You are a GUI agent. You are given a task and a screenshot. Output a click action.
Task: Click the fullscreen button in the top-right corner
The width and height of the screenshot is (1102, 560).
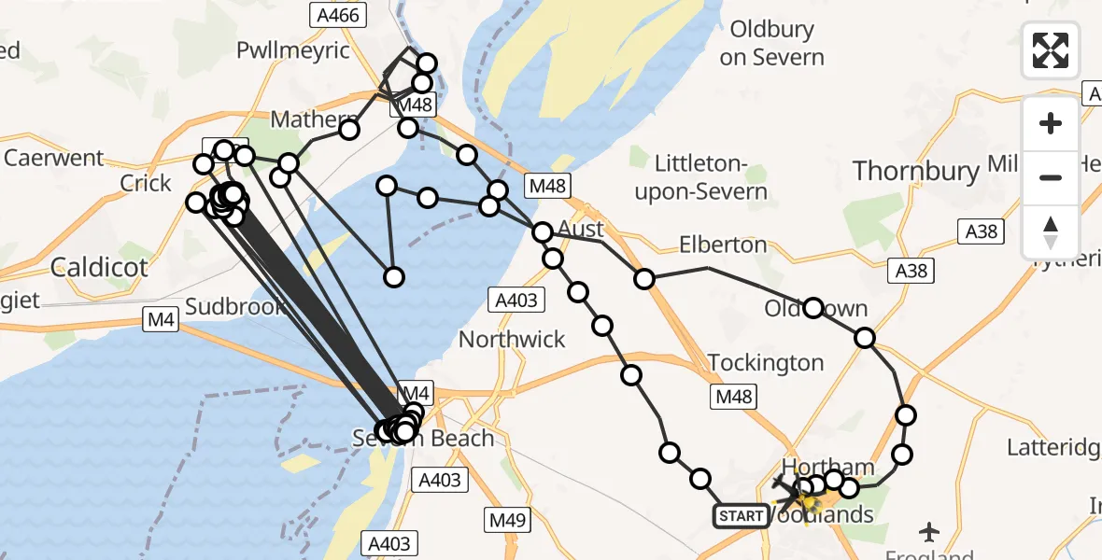click(x=1051, y=49)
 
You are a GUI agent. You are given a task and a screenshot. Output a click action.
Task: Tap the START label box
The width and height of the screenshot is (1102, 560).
click(x=742, y=515)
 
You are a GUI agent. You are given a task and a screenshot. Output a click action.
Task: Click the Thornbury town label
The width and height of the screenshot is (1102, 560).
click(x=916, y=172)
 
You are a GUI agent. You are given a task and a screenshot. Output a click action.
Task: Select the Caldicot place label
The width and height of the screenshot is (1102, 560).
click(x=99, y=268)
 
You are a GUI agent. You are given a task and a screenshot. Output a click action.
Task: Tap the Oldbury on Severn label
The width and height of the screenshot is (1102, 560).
click(x=771, y=43)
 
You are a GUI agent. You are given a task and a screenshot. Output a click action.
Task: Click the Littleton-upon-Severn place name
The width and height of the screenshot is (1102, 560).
click(x=712, y=178)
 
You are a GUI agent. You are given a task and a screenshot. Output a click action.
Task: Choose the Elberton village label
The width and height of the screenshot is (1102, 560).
click(x=723, y=245)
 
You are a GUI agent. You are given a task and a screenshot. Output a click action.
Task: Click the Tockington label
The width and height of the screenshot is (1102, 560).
click(x=766, y=362)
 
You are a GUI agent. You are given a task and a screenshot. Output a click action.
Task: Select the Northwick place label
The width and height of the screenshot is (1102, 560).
click(x=512, y=339)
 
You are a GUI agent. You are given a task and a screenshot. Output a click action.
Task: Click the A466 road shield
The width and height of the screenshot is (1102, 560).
click(x=338, y=15)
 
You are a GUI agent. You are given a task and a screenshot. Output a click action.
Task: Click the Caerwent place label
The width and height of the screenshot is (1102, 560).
click(x=54, y=158)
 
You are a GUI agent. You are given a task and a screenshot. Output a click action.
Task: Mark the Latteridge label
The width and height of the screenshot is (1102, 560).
click(x=1053, y=448)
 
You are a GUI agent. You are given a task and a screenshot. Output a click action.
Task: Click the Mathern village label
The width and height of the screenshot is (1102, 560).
click(x=306, y=120)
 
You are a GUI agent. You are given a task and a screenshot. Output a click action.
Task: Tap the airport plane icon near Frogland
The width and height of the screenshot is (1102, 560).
click(x=929, y=532)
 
